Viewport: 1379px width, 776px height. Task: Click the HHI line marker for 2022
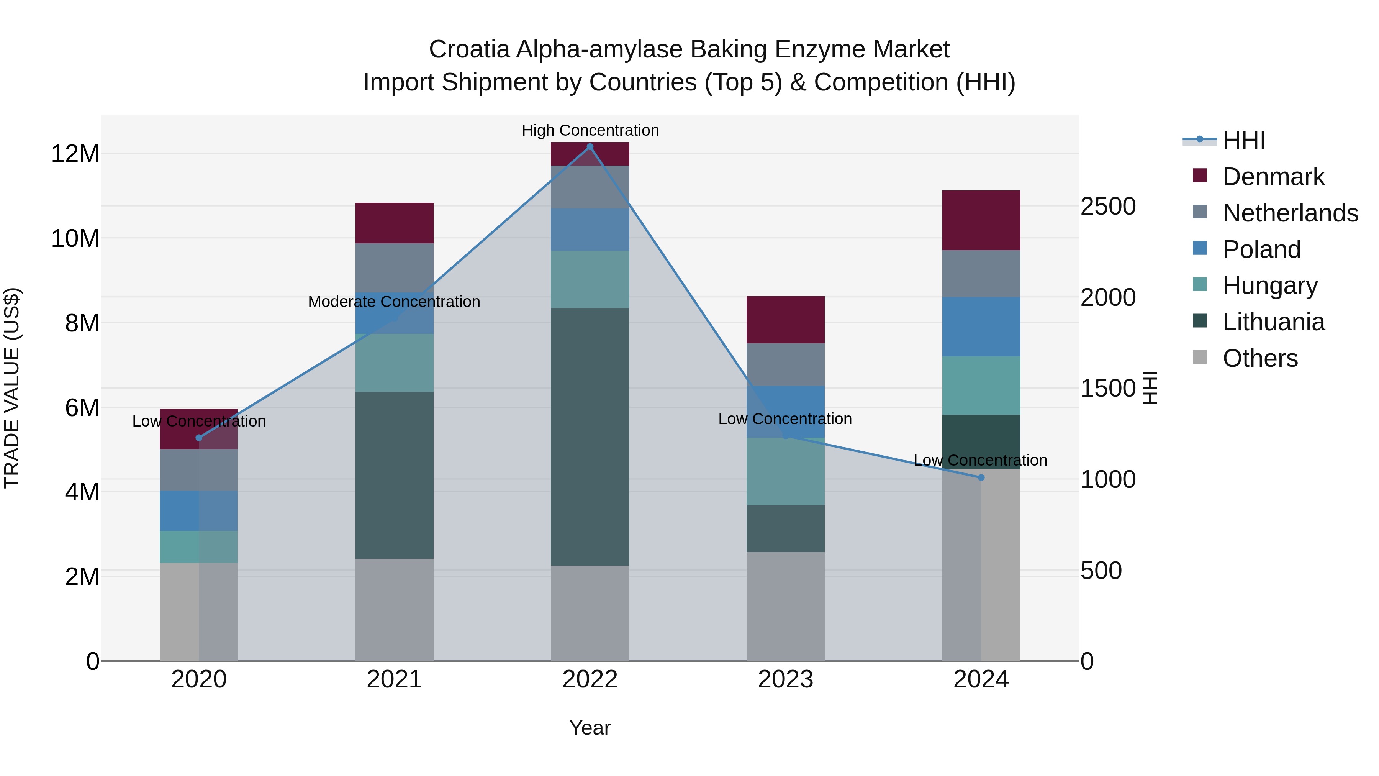click(590, 147)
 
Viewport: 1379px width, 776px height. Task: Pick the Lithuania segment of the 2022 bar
click(590, 436)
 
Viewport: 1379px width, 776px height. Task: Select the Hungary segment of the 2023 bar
click(785, 471)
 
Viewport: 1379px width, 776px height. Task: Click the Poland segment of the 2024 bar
click(981, 326)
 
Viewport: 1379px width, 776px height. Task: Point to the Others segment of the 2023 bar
click(785, 606)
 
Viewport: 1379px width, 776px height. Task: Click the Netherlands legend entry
click(1290, 213)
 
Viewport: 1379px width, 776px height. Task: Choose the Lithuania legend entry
click(1274, 322)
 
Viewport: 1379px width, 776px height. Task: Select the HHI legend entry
click(1243, 140)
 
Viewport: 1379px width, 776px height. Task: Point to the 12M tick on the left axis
click(75, 154)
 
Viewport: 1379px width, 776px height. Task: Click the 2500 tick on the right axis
click(1107, 206)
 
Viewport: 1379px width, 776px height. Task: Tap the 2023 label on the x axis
click(785, 679)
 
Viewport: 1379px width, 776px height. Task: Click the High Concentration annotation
click(590, 130)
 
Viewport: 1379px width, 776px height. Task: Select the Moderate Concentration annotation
click(394, 302)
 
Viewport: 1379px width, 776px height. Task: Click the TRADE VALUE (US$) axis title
click(12, 388)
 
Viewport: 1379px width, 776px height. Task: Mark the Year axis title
click(590, 728)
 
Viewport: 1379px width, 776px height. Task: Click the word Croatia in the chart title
click(468, 49)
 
